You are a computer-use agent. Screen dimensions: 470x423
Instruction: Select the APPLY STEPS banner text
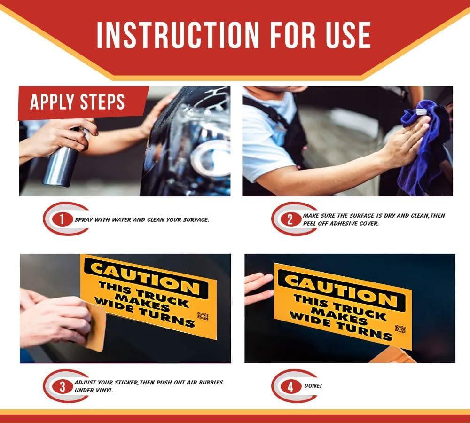tap(78, 102)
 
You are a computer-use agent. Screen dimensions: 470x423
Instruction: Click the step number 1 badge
tap(62, 219)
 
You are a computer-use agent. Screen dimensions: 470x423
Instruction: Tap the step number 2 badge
tap(290, 219)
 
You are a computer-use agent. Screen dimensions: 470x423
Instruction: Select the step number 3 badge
tap(62, 386)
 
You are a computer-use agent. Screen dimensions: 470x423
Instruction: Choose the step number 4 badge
tap(290, 386)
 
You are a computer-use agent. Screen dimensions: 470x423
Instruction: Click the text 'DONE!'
tap(313, 386)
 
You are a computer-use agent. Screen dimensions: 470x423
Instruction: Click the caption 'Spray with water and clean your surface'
tap(142, 220)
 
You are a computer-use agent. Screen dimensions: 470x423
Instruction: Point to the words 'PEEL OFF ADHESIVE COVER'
tap(341, 223)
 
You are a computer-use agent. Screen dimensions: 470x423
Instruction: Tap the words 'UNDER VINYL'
tap(94, 390)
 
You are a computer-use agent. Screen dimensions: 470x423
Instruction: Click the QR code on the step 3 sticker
tap(203, 316)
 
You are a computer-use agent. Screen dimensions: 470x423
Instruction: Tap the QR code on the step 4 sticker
tap(400, 329)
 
